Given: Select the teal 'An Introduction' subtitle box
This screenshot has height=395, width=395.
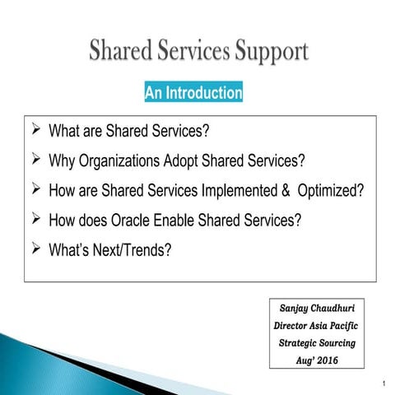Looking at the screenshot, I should click(x=193, y=93).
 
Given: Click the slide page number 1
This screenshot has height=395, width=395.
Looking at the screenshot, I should click(x=384, y=384).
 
